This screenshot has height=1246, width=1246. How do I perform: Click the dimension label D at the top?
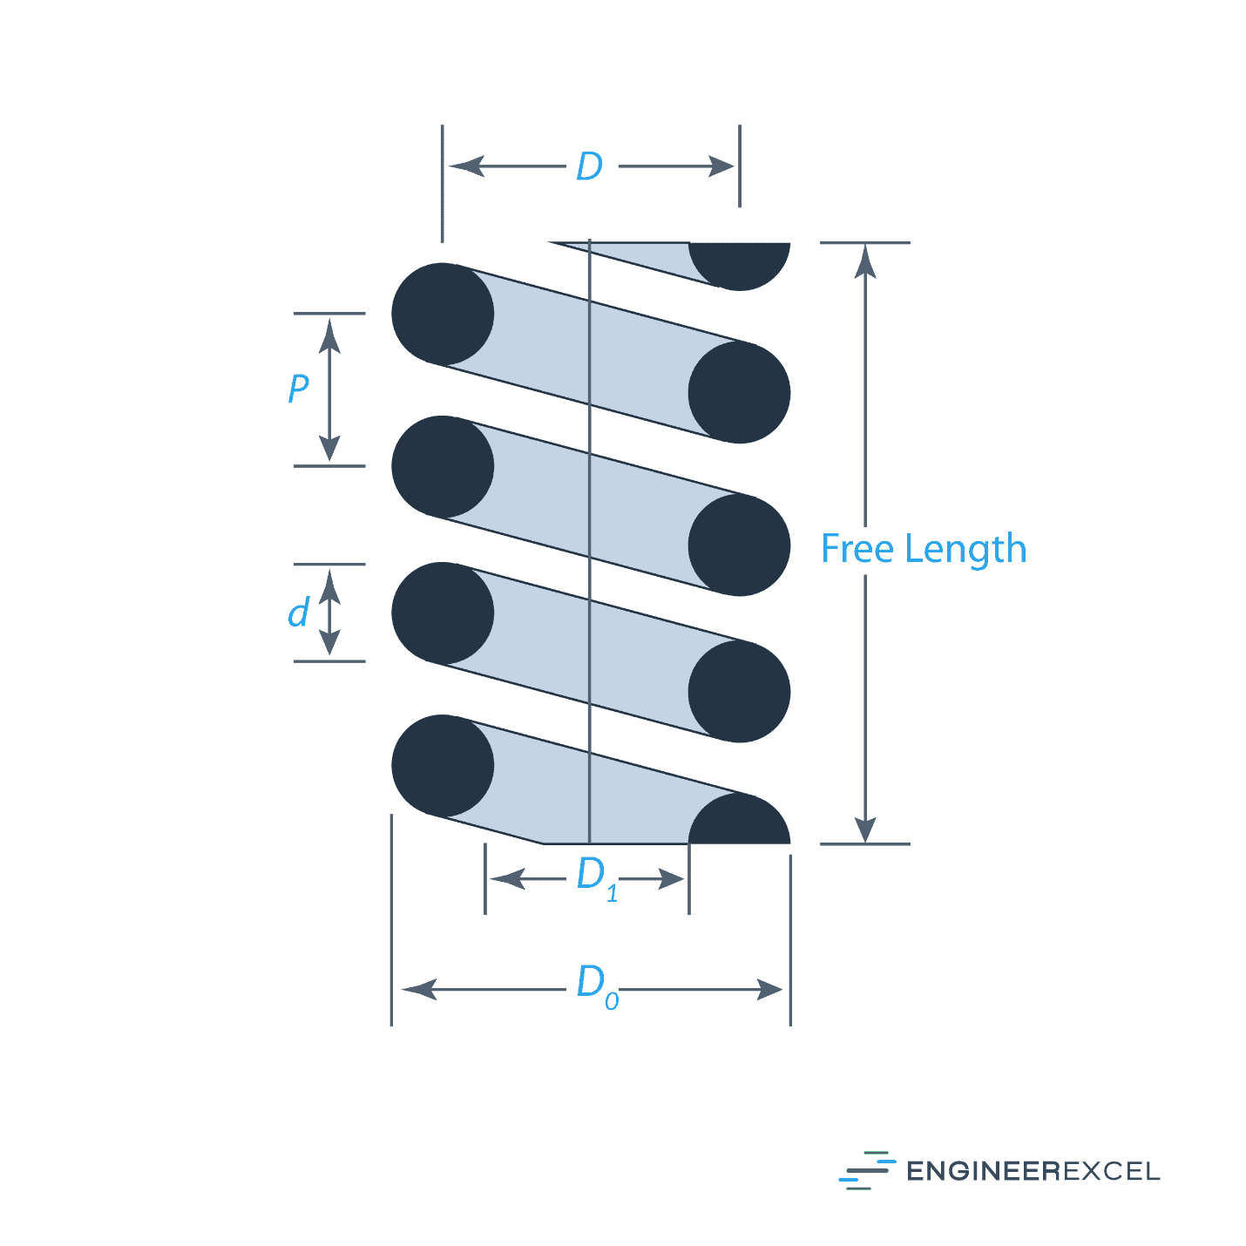tap(589, 166)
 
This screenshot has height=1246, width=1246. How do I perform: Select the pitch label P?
tap(298, 388)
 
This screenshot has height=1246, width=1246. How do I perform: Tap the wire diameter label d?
tap(298, 613)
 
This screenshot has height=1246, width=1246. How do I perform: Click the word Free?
tap(858, 549)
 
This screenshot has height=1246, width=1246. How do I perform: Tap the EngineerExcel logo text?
tap(1033, 1171)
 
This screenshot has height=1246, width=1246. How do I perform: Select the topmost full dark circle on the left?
tap(443, 315)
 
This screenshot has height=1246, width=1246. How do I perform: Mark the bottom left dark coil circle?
tap(443, 766)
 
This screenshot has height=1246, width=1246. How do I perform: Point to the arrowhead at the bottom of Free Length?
tap(865, 829)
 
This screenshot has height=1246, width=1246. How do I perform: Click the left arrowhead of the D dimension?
tap(467, 166)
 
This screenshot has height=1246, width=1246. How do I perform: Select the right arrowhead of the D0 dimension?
tap(769, 990)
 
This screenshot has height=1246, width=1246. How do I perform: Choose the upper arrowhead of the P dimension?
tap(329, 335)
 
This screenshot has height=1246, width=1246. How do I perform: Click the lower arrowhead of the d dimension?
tap(329, 641)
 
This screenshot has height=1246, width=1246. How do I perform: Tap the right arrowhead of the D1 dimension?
tap(672, 879)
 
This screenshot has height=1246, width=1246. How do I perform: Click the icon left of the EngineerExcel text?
tap(866, 1170)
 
